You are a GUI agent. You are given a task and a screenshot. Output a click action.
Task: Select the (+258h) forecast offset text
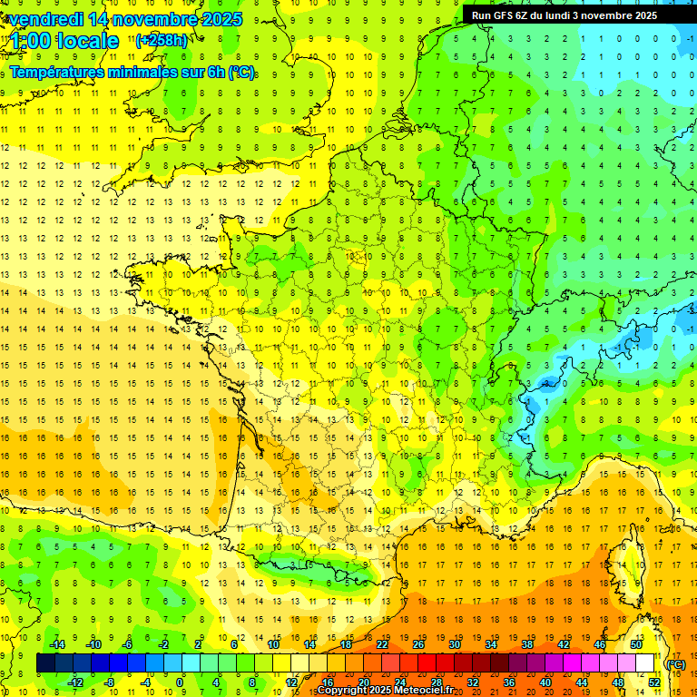[162, 40]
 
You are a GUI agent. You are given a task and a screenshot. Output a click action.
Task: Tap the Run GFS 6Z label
[508, 15]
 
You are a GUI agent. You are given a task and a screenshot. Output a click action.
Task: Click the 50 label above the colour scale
[635, 644]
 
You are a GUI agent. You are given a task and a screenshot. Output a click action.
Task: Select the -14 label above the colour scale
[57, 644]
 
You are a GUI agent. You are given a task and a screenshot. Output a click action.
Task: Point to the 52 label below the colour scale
[654, 682]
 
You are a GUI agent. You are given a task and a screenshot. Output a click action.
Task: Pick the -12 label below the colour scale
[75, 682]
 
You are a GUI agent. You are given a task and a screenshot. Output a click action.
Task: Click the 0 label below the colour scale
[179, 682]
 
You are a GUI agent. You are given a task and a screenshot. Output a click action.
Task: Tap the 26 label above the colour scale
[418, 644]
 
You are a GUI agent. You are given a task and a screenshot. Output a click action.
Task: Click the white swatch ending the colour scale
[644, 663]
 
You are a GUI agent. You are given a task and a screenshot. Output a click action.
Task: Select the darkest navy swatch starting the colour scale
[45, 663]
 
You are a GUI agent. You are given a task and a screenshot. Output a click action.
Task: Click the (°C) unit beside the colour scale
[675, 664]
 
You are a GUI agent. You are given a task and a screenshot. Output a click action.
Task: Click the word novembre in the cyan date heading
[148, 19]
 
